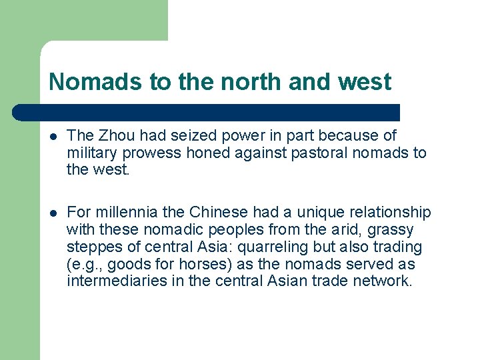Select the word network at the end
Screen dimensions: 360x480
coord(386,281)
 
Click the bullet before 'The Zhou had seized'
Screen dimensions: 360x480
coord(53,137)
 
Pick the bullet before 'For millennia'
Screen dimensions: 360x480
coord(53,213)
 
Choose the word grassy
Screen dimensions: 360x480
coord(390,230)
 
